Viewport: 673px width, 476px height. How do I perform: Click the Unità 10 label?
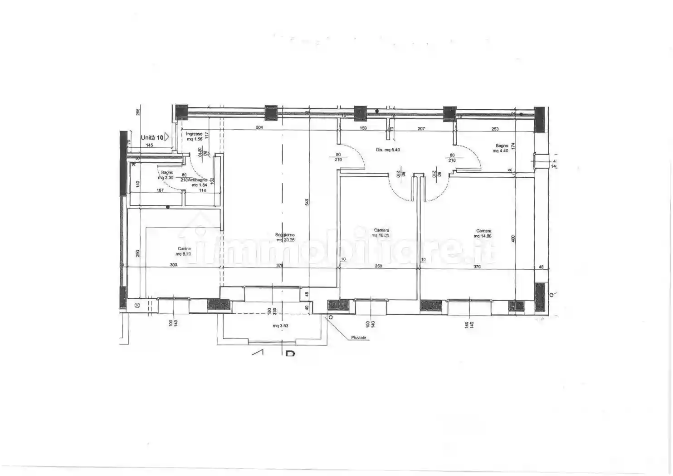pyautogui.click(x=152, y=137)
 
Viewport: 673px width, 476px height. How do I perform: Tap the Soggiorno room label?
pyautogui.click(x=285, y=235)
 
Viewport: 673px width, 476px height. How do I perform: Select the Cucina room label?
pyautogui.click(x=184, y=248)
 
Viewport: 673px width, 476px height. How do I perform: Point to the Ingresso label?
pyautogui.click(x=194, y=134)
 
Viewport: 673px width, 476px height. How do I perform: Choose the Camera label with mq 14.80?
pyautogui.click(x=483, y=231)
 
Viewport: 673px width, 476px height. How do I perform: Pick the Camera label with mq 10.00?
pyautogui.click(x=381, y=230)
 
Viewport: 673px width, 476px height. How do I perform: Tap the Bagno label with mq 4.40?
pyautogui.click(x=502, y=146)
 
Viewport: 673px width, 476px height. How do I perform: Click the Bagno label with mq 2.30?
pyautogui.click(x=167, y=173)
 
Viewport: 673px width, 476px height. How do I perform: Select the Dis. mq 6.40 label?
pyautogui.click(x=388, y=150)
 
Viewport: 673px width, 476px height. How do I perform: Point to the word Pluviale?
pyautogui.click(x=358, y=338)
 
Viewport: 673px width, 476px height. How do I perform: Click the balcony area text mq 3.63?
pyautogui.click(x=280, y=326)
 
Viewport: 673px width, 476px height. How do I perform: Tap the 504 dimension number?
pyautogui.click(x=259, y=128)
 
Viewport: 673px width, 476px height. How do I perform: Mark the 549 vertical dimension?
pyautogui.click(x=307, y=202)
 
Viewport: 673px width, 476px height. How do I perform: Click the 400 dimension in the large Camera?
pyautogui.click(x=513, y=238)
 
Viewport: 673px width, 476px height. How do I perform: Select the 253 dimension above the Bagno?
pyautogui.click(x=495, y=129)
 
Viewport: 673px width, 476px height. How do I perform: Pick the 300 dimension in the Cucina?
pyautogui.click(x=173, y=265)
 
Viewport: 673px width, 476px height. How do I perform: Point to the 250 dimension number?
pyautogui.click(x=378, y=266)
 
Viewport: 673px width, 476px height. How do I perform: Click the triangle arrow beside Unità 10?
pyautogui.click(x=167, y=136)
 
